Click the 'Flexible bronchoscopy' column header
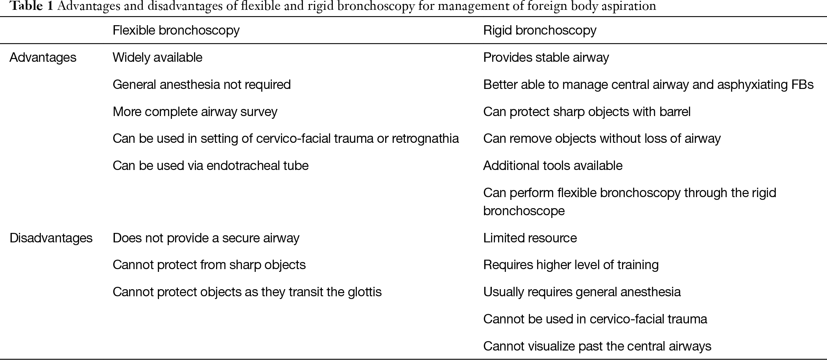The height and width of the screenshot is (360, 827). click(x=176, y=30)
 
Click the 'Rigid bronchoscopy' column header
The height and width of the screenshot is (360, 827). click(x=539, y=30)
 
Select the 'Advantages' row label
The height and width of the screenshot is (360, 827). click(x=43, y=57)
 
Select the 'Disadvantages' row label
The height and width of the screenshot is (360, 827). click(x=51, y=238)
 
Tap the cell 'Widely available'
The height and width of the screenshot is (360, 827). click(x=157, y=57)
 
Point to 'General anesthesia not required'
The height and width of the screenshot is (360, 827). click(x=201, y=85)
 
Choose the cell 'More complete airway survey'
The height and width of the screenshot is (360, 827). click(x=195, y=112)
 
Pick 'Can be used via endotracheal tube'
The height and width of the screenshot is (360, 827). click(x=210, y=166)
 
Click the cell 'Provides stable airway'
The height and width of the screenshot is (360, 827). click(x=546, y=57)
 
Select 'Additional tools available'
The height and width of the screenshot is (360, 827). click(x=552, y=166)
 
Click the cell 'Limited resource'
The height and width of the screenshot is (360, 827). click(x=530, y=238)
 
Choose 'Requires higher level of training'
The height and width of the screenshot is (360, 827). click(x=570, y=265)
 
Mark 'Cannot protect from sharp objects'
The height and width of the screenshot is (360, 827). click(x=209, y=265)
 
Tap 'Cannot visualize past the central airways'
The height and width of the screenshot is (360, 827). click(x=597, y=346)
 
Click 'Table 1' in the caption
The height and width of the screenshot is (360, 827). click(x=31, y=6)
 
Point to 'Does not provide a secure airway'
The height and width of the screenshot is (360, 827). click(x=206, y=238)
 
